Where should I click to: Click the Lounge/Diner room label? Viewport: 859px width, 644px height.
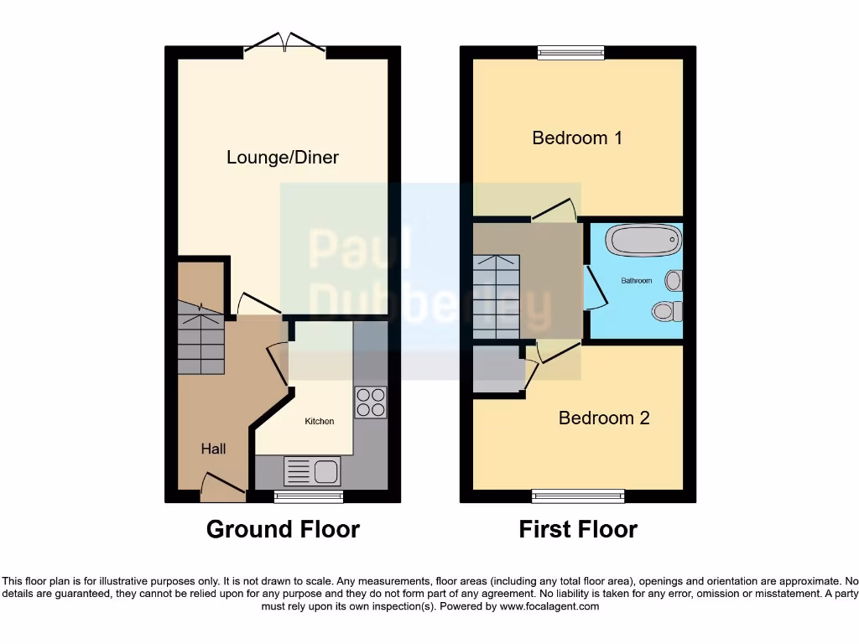(283, 158)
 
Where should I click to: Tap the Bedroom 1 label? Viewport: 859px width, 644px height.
(577, 138)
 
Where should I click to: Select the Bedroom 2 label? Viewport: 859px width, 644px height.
(604, 418)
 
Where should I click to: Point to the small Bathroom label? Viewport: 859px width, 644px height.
(636, 281)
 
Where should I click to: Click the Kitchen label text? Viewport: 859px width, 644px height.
(319, 421)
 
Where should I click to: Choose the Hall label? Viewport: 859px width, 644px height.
(213, 449)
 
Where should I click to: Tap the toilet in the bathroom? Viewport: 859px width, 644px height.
(667, 311)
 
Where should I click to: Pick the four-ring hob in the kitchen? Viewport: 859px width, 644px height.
(370, 402)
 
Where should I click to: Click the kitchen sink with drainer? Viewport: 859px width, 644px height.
(311, 471)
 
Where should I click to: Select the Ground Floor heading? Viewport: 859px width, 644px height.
(283, 530)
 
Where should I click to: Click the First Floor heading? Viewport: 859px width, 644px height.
(578, 530)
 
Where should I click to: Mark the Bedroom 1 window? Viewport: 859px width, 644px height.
(570, 53)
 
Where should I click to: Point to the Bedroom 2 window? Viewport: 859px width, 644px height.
(578, 496)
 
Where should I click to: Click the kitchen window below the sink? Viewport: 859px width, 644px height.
(309, 496)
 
